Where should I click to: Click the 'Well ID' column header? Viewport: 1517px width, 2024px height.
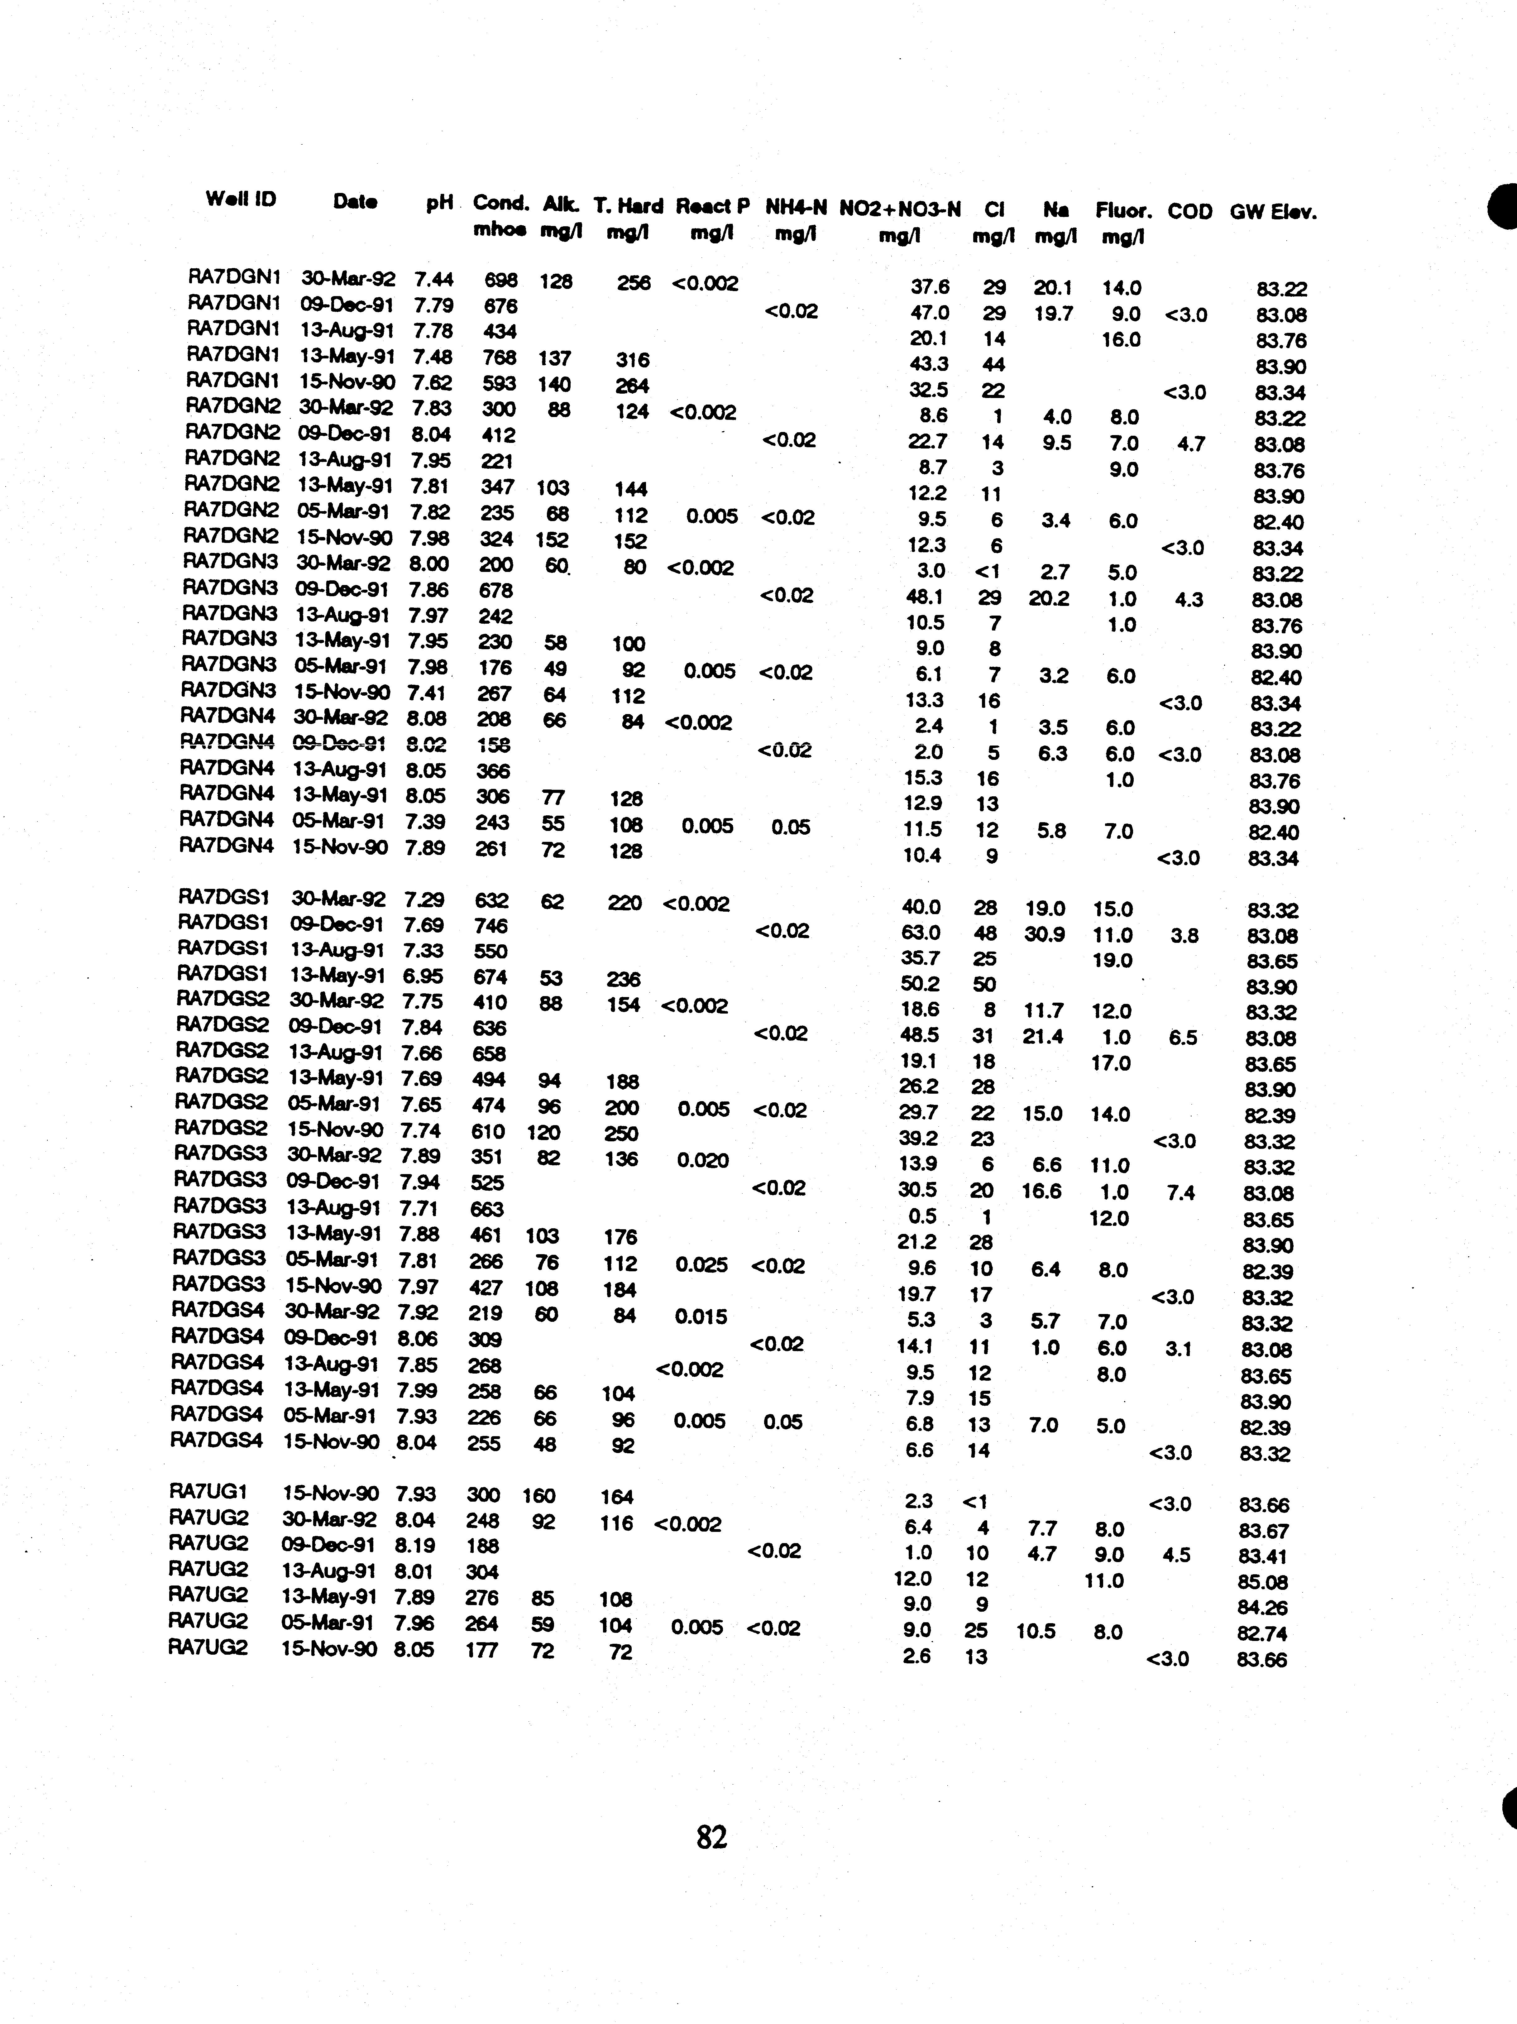click(241, 199)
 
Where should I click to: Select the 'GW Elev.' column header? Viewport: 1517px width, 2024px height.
click(1273, 212)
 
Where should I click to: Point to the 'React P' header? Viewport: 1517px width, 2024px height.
click(713, 207)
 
